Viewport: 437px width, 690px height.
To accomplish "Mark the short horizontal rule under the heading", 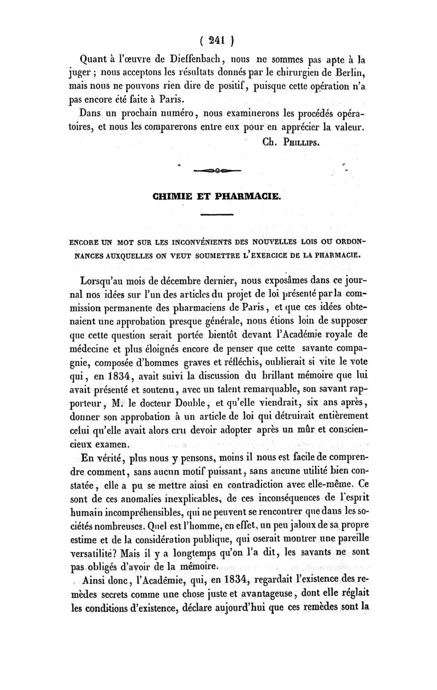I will tap(217, 215).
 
